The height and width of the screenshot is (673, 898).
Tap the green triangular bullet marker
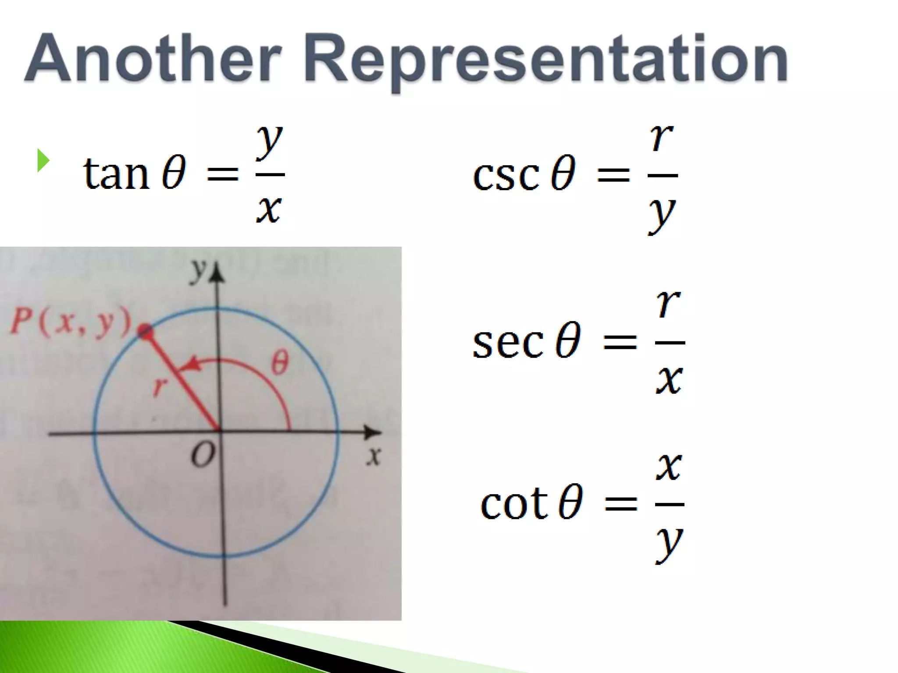[x=43, y=160]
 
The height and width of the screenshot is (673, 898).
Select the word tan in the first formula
[x=116, y=174]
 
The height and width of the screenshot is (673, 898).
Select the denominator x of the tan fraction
[x=268, y=210]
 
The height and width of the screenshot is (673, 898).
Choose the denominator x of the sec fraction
[x=669, y=379]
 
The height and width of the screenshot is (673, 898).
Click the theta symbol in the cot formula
[x=570, y=503]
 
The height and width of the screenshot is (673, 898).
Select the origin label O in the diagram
[x=203, y=455]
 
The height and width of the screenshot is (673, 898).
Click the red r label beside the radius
[x=160, y=386]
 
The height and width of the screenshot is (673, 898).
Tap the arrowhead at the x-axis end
[x=374, y=433]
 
